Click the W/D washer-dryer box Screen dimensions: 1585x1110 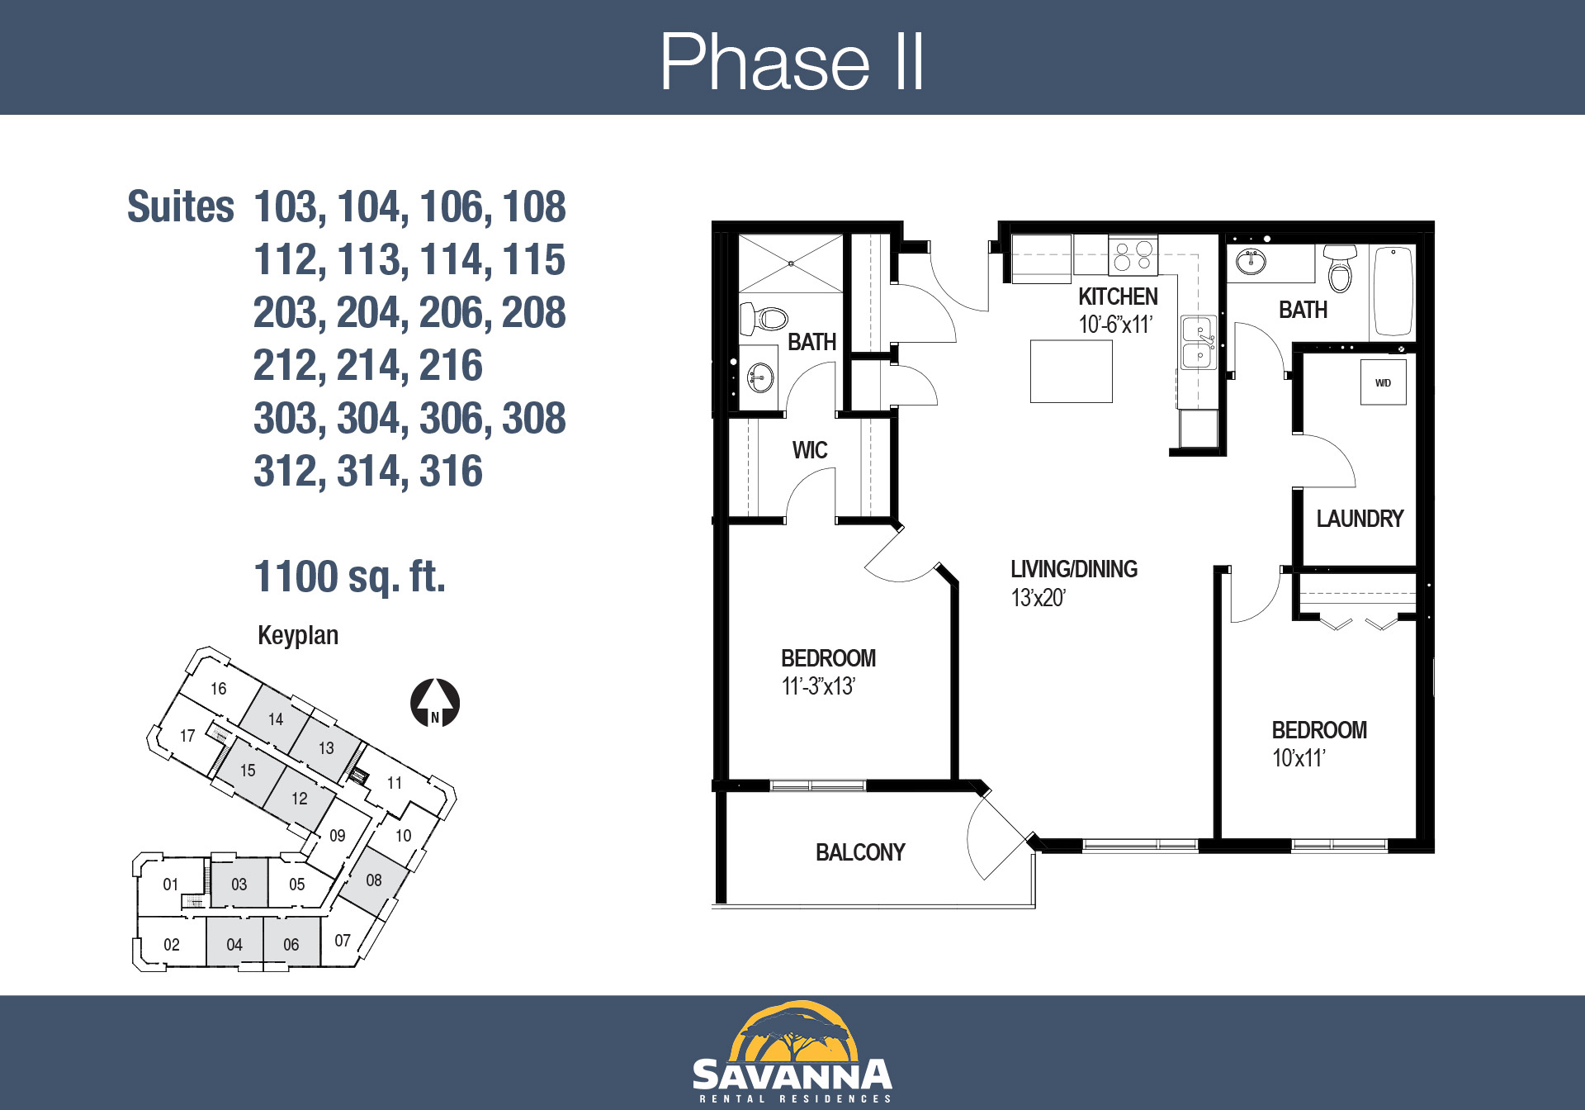[x=1383, y=382]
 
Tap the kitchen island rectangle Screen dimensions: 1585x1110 [x=1071, y=371]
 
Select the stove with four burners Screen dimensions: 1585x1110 [x=1133, y=255]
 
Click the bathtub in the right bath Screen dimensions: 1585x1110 [x=1393, y=291]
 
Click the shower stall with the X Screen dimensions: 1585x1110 [x=791, y=263]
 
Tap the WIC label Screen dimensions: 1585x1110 [x=809, y=450]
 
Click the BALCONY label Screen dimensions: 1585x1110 [x=860, y=852]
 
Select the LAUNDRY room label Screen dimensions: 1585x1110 [x=1360, y=519]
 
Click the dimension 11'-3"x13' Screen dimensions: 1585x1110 [x=818, y=686]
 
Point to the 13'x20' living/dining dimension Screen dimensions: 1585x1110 [x=1039, y=598]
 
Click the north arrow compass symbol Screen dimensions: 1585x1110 [x=435, y=703]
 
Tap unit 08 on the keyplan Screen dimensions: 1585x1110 [x=374, y=880]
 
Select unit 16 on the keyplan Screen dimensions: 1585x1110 [x=218, y=689]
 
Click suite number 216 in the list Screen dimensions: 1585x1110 [x=451, y=365]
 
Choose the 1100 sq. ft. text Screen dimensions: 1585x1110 [x=349, y=576]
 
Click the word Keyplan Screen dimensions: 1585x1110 [x=298, y=635]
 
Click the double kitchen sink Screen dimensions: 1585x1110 [x=1199, y=343]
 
